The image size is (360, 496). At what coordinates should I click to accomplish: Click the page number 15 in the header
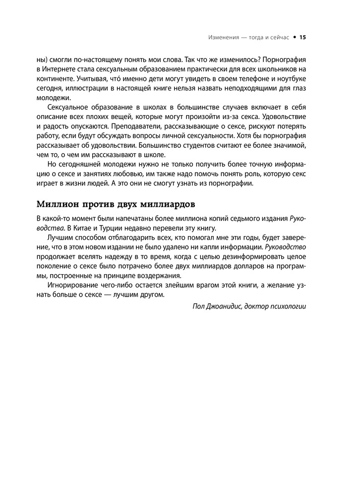pos(303,37)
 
